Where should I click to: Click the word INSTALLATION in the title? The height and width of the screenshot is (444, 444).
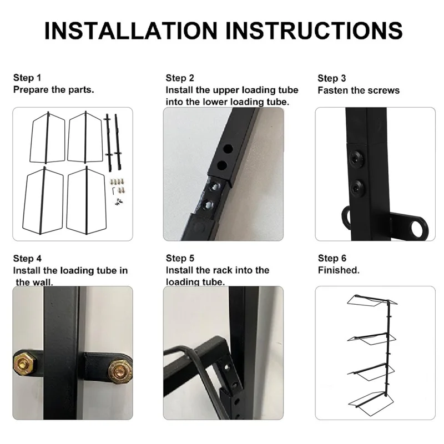click(131, 31)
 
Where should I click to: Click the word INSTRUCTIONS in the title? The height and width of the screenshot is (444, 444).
click(314, 31)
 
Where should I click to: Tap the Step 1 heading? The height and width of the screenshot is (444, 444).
click(27, 78)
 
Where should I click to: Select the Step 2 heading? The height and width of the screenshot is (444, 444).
click(180, 78)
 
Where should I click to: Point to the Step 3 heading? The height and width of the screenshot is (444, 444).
click(332, 78)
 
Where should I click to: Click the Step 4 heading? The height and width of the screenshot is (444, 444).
click(27, 259)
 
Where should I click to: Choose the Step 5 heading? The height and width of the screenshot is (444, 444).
click(180, 258)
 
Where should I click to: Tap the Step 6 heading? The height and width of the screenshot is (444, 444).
click(332, 258)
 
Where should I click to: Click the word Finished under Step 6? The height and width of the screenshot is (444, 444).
click(339, 270)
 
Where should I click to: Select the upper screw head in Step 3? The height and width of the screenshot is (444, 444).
click(356, 157)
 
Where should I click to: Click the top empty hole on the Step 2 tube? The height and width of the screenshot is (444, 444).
click(228, 148)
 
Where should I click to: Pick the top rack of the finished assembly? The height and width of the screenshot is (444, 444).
click(372, 301)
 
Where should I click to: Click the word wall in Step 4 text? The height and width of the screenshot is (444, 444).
click(44, 282)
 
